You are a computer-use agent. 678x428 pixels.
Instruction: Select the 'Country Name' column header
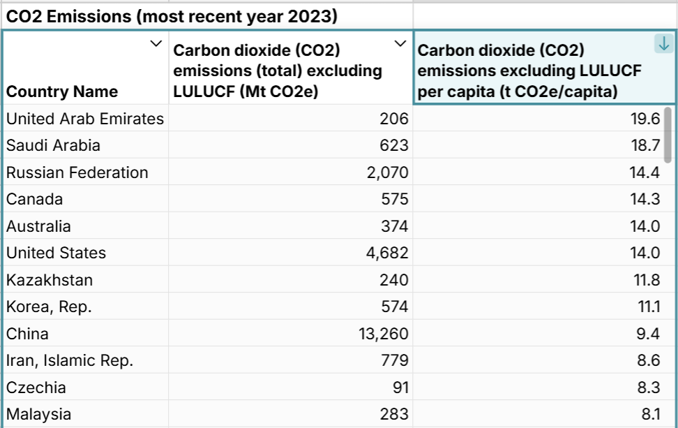click(62, 91)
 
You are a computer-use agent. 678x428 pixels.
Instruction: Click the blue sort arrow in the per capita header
click(663, 44)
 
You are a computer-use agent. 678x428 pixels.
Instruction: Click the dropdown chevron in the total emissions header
click(400, 44)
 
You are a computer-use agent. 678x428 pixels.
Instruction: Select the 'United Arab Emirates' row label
click(85, 119)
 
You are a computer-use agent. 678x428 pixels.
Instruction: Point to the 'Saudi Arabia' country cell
click(53, 145)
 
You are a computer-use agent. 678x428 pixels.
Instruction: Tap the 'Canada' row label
click(34, 199)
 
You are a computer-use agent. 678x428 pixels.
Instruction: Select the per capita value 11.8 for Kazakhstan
click(645, 280)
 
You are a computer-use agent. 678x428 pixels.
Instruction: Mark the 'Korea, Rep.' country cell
click(49, 307)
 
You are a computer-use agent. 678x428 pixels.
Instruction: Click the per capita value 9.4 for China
click(648, 334)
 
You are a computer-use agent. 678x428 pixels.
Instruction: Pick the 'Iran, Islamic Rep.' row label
click(70, 360)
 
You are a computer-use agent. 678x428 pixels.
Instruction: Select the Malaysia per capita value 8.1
click(649, 414)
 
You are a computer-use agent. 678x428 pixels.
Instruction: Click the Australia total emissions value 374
click(393, 226)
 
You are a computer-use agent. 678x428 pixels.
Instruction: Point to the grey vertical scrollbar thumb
click(668, 134)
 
